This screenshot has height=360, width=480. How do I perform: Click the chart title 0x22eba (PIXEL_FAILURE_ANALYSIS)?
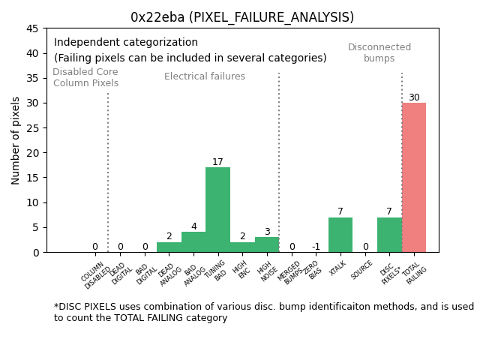242,17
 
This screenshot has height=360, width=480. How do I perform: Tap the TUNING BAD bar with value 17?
217,209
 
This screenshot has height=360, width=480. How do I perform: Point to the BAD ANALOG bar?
193,242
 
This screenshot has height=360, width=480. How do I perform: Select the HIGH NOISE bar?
267,244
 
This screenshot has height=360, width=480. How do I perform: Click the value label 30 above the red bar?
414,97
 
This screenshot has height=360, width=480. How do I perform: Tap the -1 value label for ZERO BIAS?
316,247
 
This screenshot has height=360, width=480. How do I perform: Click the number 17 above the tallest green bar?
217,162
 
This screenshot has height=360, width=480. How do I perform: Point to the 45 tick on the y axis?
33,28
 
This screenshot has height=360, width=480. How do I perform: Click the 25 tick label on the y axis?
33,128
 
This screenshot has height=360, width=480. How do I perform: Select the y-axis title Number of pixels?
16,140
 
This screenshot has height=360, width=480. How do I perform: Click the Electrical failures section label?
205,76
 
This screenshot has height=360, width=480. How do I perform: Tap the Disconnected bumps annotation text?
379,52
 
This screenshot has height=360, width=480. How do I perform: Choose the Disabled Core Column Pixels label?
85,78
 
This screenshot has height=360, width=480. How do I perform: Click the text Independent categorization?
126,43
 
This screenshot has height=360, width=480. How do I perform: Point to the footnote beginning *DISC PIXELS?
263,312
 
